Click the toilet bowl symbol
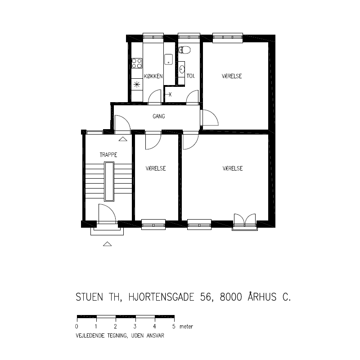[184, 50]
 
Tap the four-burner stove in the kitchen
[137, 63]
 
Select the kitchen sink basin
[168, 59]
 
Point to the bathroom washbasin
[182, 69]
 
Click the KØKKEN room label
[153, 76]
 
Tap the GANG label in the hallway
[159, 116]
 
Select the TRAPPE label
[108, 155]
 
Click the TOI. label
[190, 76]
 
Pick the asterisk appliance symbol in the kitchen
[137, 85]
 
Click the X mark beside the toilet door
[170, 94]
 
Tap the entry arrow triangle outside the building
[107, 244]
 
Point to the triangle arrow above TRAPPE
[123, 139]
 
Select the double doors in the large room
[245, 219]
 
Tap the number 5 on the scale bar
[174, 326]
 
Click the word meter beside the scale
[186, 327]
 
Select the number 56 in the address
[206, 297]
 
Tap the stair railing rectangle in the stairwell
[109, 181]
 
